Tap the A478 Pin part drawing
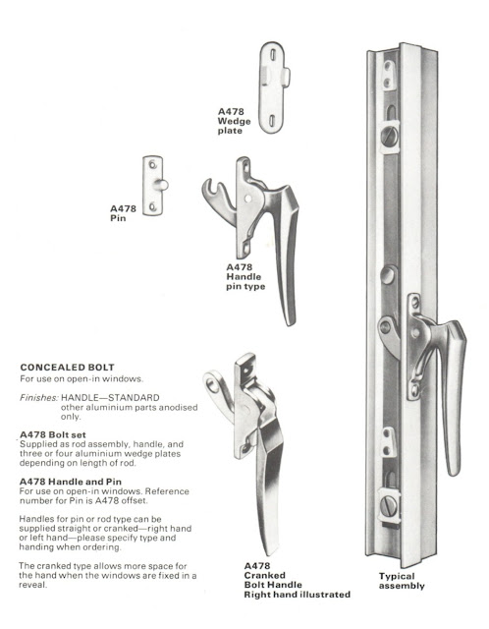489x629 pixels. point(154,185)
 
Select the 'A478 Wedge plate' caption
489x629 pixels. point(238,122)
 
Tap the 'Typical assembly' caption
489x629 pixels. point(403,580)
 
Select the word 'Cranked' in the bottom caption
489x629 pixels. point(265,576)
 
